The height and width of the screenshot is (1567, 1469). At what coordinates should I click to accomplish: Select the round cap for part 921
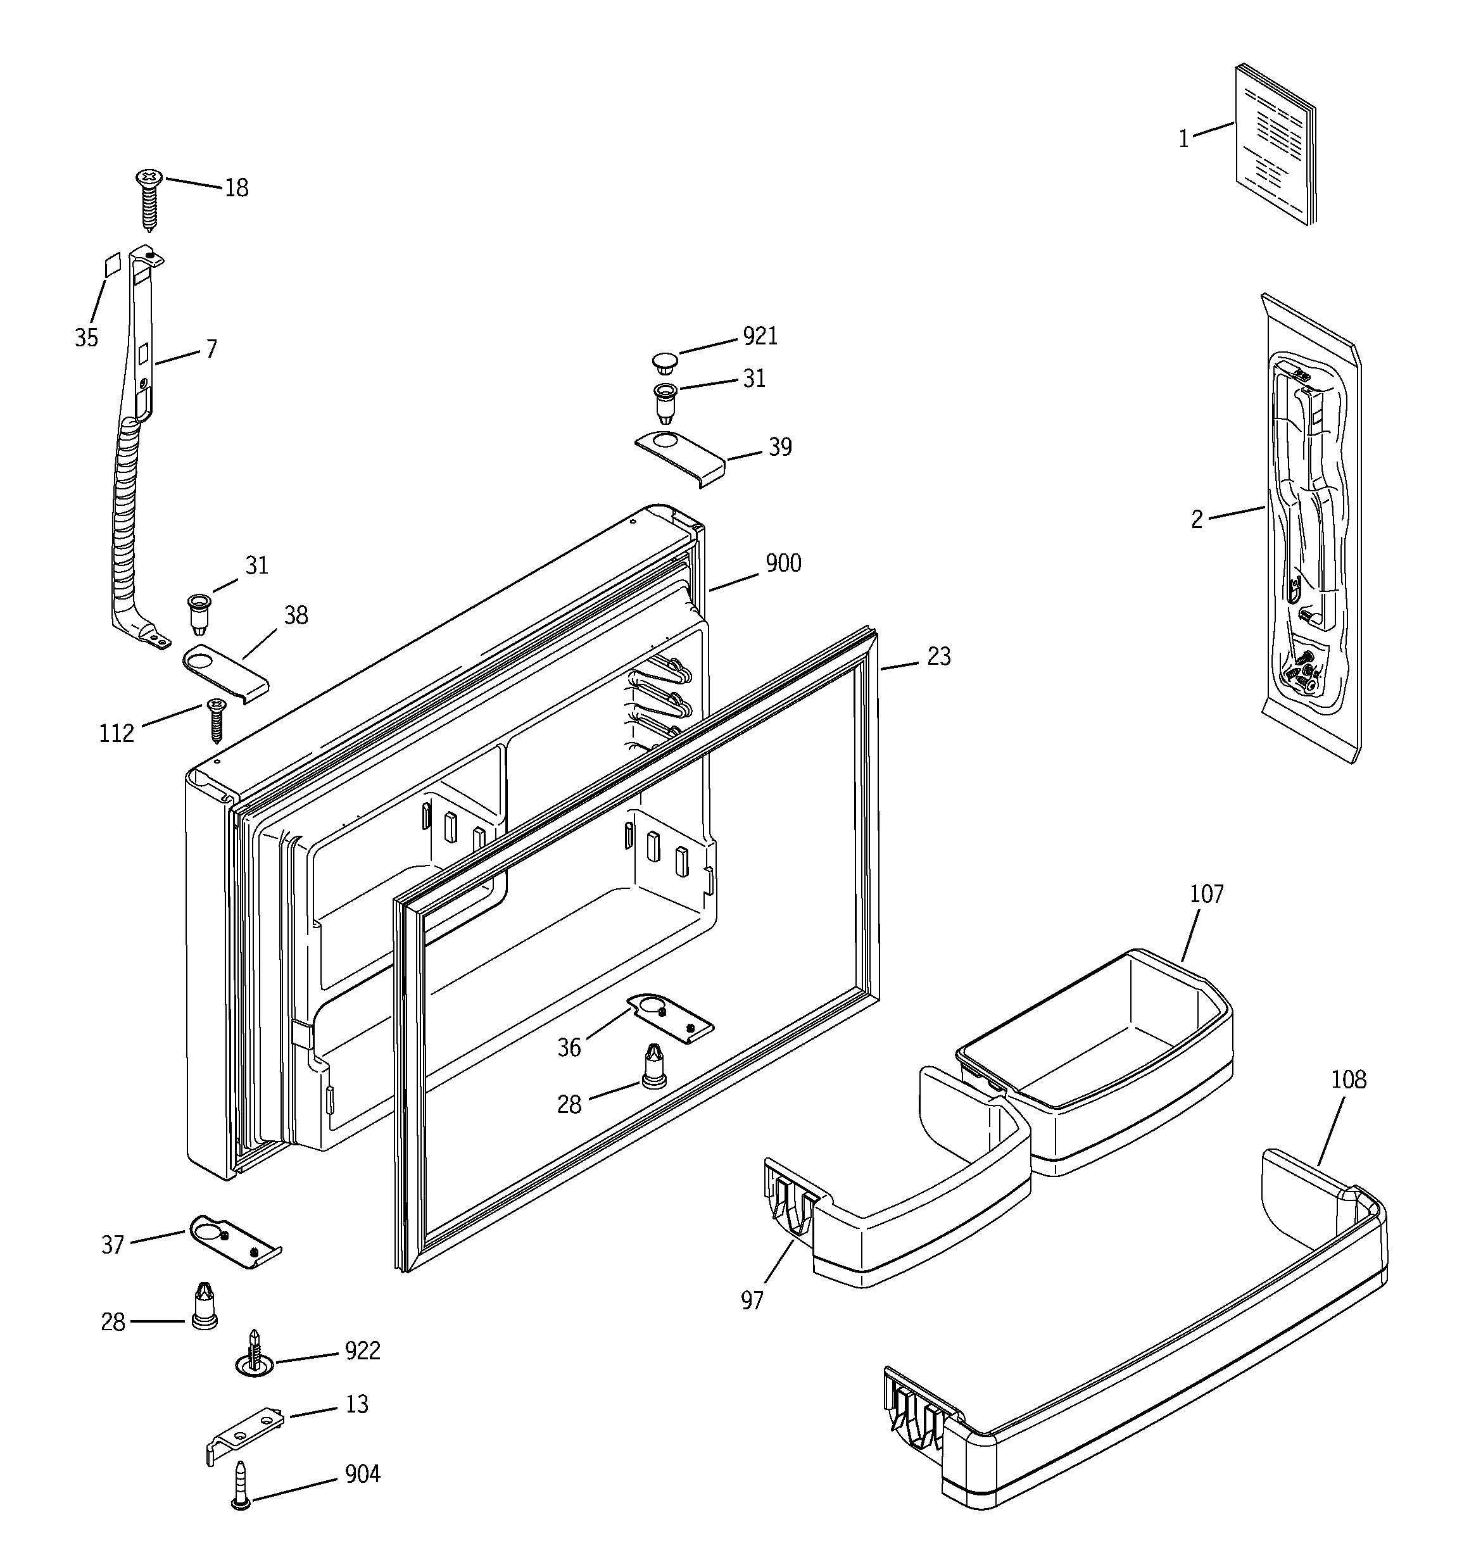[x=665, y=363]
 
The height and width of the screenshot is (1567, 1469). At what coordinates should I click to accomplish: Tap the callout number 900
[x=783, y=563]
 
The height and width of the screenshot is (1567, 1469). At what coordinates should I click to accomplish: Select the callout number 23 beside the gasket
[x=938, y=657]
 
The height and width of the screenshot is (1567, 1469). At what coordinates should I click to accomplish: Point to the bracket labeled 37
[x=234, y=1241]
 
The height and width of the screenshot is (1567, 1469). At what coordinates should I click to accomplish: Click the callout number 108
[x=1347, y=1080]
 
